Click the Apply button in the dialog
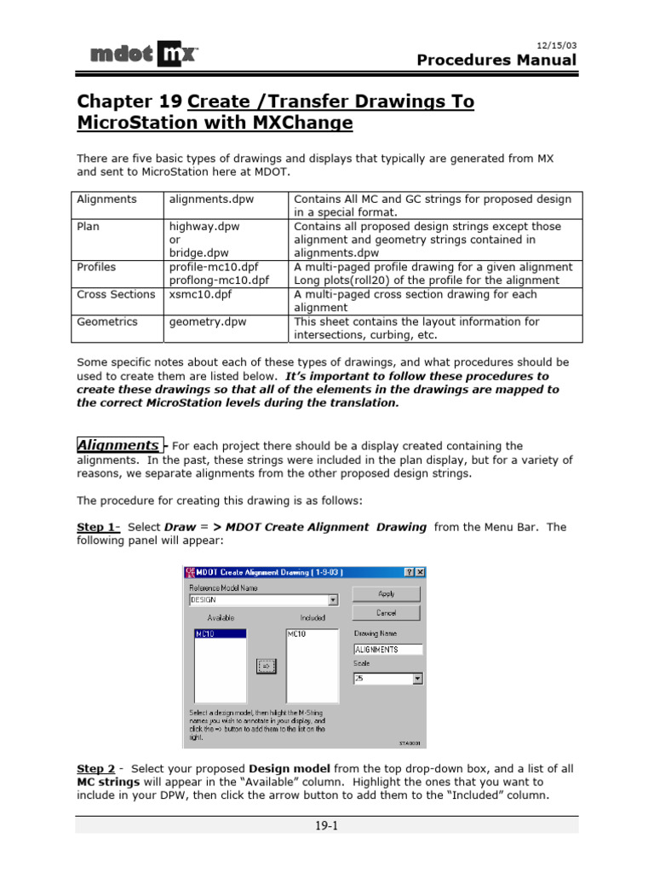pyautogui.click(x=386, y=593)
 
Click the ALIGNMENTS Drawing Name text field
pyautogui.click(x=387, y=649)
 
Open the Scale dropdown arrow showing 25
pyautogui.click(x=418, y=679)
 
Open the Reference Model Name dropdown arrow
pyautogui.click(x=332, y=599)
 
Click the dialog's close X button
pyautogui.click(x=421, y=572)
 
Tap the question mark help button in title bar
pyautogui.click(x=409, y=572)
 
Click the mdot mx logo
pyautogui.click(x=145, y=55)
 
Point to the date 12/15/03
pyautogui.click(x=557, y=43)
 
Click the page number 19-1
pyautogui.click(x=326, y=824)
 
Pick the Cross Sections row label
pyautogui.click(x=116, y=294)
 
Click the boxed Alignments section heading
pyautogui.click(x=118, y=445)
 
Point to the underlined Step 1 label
pyautogui.click(x=98, y=527)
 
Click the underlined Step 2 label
pyautogui.click(x=96, y=768)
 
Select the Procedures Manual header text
pyautogui.click(x=496, y=60)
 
